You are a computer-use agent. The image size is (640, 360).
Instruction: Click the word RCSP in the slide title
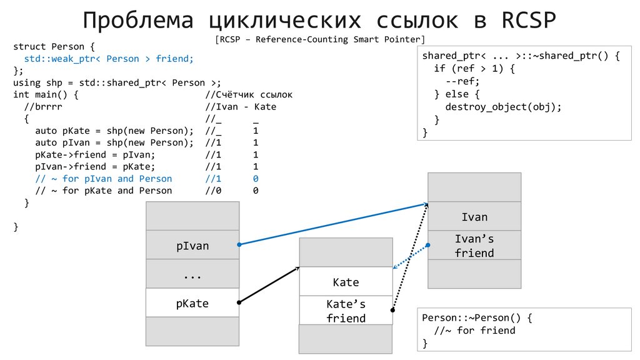pyautogui.click(x=529, y=20)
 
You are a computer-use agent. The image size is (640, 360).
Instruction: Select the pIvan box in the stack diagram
pyautogui.click(x=192, y=246)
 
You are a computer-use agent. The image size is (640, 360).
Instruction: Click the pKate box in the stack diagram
pyautogui.click(x=192, y=304)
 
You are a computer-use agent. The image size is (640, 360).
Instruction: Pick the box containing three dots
pyautogui.click(x=192, y=274)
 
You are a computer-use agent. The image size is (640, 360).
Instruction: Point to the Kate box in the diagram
pyautogui.click(x=346, y=282)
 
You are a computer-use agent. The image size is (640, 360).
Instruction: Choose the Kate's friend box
pyautogui.click(x=346, y=311)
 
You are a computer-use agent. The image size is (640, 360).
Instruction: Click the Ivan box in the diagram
pyautogui.click(x=474, y=217)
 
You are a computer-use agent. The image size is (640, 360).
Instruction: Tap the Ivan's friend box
pyautogui.click(x=474, y=246)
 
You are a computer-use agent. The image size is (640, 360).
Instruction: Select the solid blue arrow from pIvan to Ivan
pyautogui.click(x=331, y=224)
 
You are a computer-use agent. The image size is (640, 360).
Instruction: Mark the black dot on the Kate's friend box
pyautogui.click(x=393, y=309)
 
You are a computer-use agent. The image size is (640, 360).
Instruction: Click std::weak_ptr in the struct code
pyautogui.click(x=63, y=58)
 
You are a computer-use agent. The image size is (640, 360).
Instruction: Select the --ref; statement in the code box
pyautogui.click(x=462, y=81)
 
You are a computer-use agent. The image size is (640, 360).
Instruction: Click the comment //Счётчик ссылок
pyautogui.click(x=249, y=94)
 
